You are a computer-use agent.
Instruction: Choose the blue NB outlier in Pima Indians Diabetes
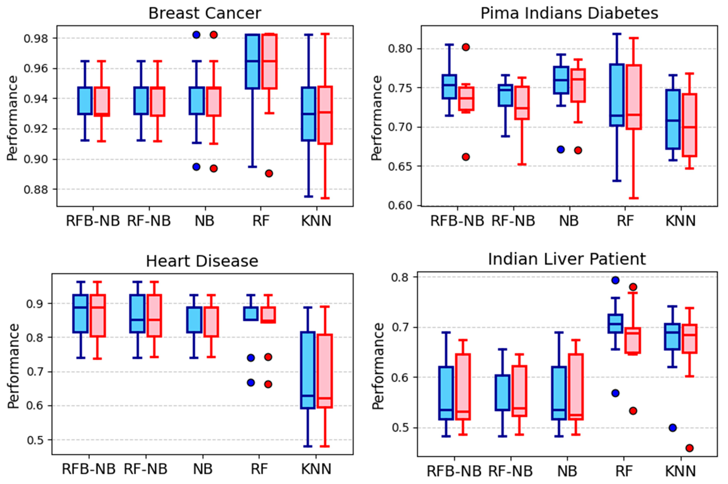[x=561, y=150]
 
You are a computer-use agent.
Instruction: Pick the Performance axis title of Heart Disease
[x=13, y=366]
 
